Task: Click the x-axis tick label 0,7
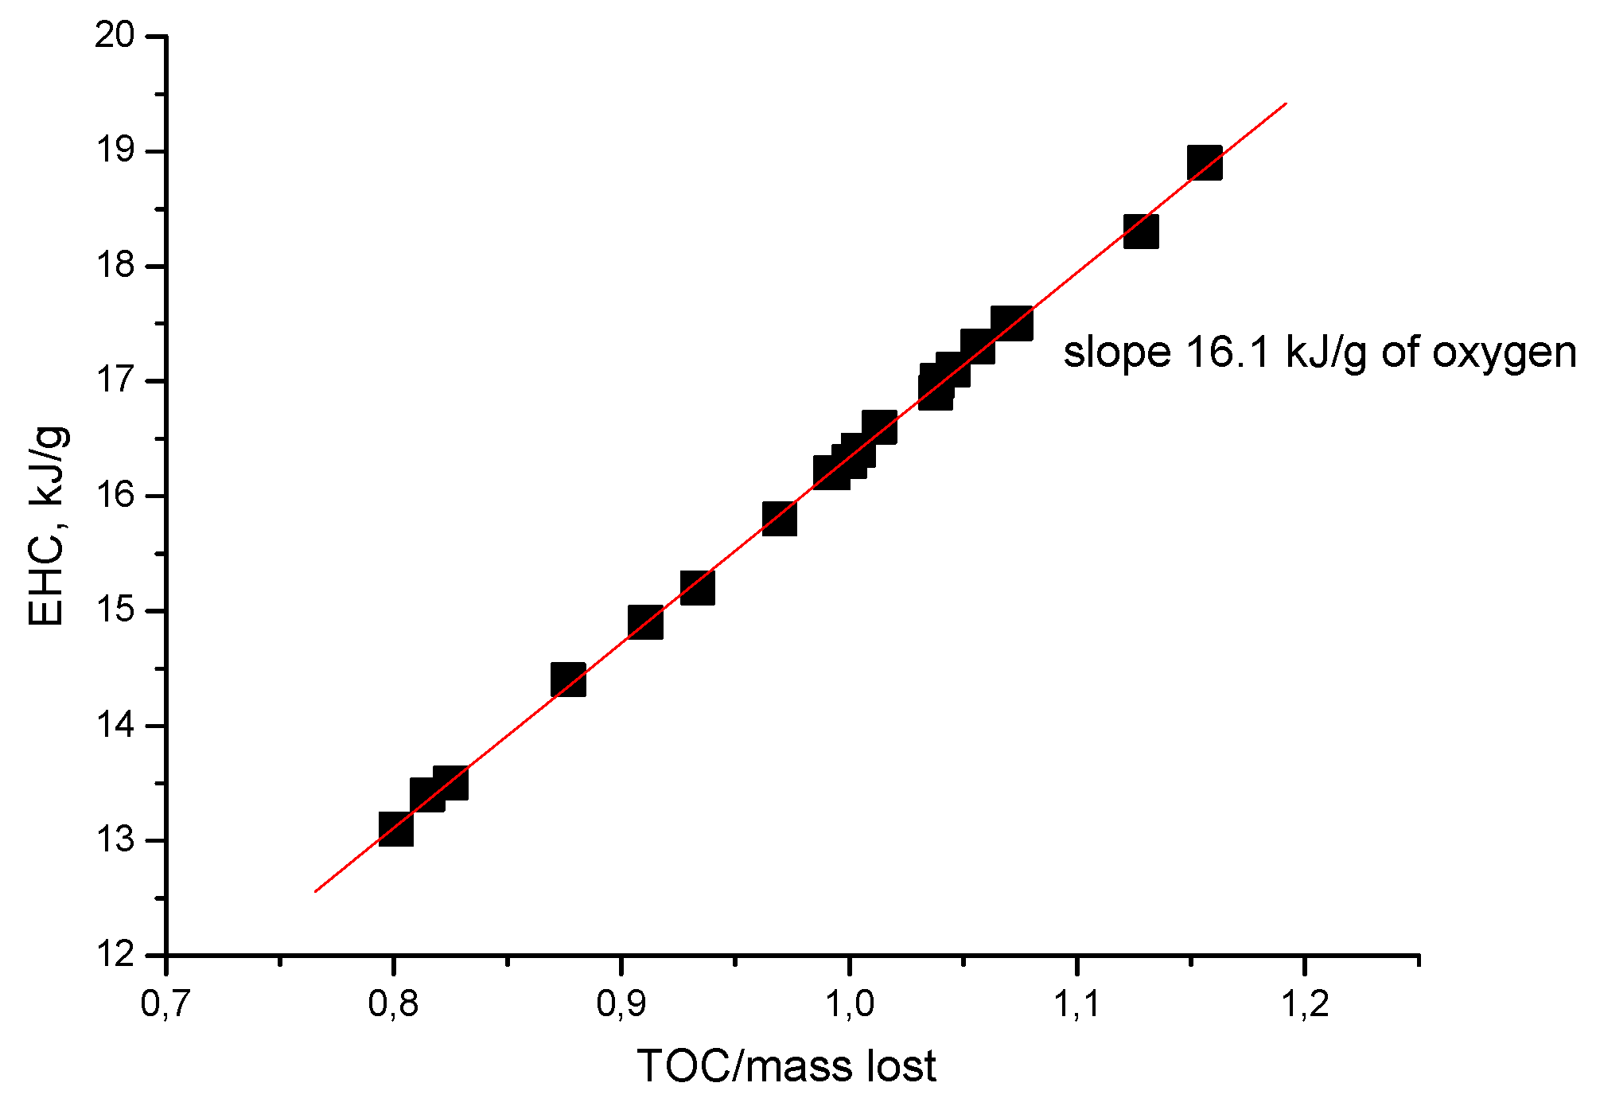[165, 1004]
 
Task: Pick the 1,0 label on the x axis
[849, 1004]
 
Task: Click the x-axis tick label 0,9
[621, 1004]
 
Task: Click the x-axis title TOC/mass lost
[786, 1066]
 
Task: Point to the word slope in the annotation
[1116, 353]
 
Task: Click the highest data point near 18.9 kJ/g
[1205, 163]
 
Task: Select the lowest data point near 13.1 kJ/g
[395, 829]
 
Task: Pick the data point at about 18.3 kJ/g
[1141, 232]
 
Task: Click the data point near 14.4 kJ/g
[569, 680]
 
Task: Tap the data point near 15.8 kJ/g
[780, 519]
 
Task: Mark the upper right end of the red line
[1286, 103]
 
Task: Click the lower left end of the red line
[316, 891]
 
